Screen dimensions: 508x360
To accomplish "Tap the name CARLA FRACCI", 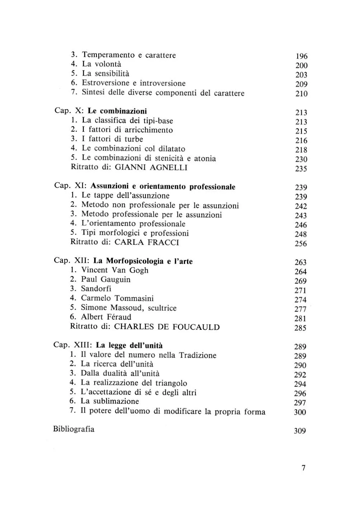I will tap(147, 242).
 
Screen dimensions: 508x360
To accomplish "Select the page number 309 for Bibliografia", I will tap(300, 431).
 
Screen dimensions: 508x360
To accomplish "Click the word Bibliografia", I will tap(74, 429).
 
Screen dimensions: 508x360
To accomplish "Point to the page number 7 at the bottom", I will tap(303, 468).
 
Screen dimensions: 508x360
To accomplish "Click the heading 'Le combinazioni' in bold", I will tap(117, 111).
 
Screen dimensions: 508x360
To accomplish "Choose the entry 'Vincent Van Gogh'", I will tap(115, 270).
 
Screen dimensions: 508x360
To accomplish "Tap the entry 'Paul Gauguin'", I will tap(106, 280).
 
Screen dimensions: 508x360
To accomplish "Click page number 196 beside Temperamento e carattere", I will tap(302, 56).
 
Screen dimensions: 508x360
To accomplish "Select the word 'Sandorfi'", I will tap(96, 289).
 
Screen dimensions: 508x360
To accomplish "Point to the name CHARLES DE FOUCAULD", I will tap(167, 327).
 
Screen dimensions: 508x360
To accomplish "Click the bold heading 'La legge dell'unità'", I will tap(129, 346).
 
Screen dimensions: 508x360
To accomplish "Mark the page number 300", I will tap(300, 412).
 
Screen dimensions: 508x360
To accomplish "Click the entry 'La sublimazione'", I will tap(110, 402).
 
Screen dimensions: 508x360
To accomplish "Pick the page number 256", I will tap(301, 244).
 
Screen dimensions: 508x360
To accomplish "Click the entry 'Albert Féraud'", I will tap(106, 317).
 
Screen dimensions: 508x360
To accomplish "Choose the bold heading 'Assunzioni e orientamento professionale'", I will tap(163, 187).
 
